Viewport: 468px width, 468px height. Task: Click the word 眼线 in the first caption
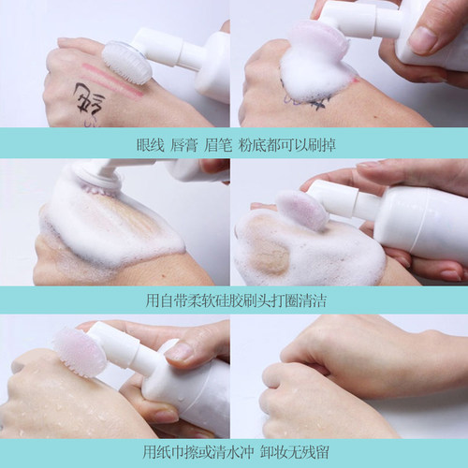(x=151, y=145)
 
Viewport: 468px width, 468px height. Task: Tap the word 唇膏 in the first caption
(x=184, y=145)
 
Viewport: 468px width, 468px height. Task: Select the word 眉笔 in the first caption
(x=218, y=145)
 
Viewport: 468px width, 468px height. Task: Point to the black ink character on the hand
(x=89, y=97)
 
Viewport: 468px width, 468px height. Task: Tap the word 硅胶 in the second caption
(x=231, y=300)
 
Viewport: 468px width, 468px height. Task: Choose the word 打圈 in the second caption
(x=285, y=300)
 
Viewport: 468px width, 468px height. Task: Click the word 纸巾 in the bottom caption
(x=171, y=452)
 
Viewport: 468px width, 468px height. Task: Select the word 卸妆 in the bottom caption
(x=273, y=452)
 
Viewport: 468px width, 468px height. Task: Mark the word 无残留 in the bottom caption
(x=308, y=452)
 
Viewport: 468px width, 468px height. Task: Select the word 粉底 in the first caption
(x=252, y=145)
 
